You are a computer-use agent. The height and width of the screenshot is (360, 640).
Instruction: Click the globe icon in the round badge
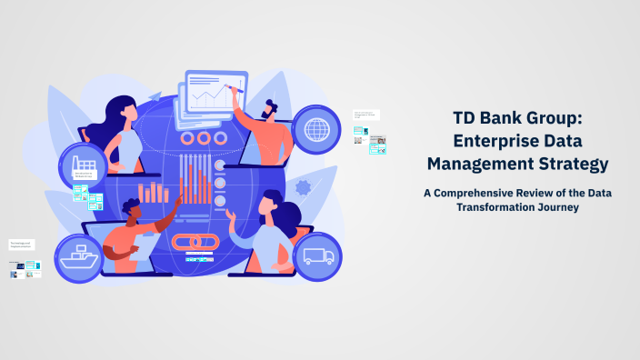click(x=317, y=128)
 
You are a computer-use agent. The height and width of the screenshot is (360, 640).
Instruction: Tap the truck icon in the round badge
click(x=317, y=255)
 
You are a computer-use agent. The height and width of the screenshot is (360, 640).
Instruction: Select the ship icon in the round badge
click(x=79, y=257)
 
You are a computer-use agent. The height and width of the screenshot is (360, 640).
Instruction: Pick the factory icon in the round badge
click(x=84, y=166)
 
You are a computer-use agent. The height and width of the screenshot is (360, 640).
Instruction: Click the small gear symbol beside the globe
click(x=304, y=188)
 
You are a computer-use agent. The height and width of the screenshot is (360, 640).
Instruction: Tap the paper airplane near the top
click(x=155, y=95)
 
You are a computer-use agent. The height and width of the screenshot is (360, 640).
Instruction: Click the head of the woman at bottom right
click(x=272, y=205)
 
